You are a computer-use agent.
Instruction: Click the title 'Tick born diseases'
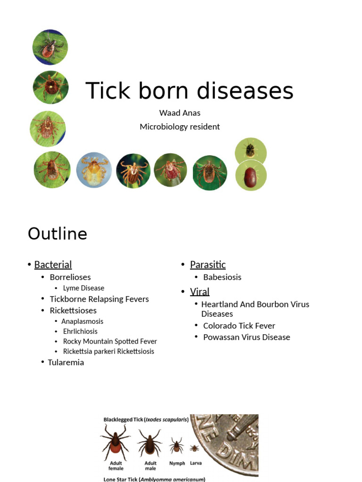(189, 91)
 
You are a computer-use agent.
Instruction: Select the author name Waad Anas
(180, 113)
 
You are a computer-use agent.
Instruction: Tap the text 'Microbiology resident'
(180, 127)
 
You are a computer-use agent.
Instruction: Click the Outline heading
(58, 233)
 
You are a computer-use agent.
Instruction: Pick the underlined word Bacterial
(53, 265)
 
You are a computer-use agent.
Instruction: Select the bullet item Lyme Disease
(83, 288)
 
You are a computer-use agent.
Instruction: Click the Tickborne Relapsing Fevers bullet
(99, 299)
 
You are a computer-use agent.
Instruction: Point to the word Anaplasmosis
(83, 321)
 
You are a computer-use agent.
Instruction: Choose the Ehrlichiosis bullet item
(80, 331)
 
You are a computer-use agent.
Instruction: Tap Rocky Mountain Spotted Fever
(110, 341)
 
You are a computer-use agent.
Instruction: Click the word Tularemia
(66, 362)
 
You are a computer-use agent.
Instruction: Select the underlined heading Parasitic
(208, 265)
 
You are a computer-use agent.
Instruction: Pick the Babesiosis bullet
(222, 277)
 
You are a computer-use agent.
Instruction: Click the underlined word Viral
(200, 292)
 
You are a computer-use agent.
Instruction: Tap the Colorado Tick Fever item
(239, 326)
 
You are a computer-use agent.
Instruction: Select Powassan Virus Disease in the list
(247, 337)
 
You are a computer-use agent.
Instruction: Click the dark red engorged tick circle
(251, 176)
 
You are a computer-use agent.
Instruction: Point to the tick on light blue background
(94, 170)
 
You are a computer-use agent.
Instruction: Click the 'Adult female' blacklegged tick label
(116, 466)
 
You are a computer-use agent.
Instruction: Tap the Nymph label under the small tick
(177, 463)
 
